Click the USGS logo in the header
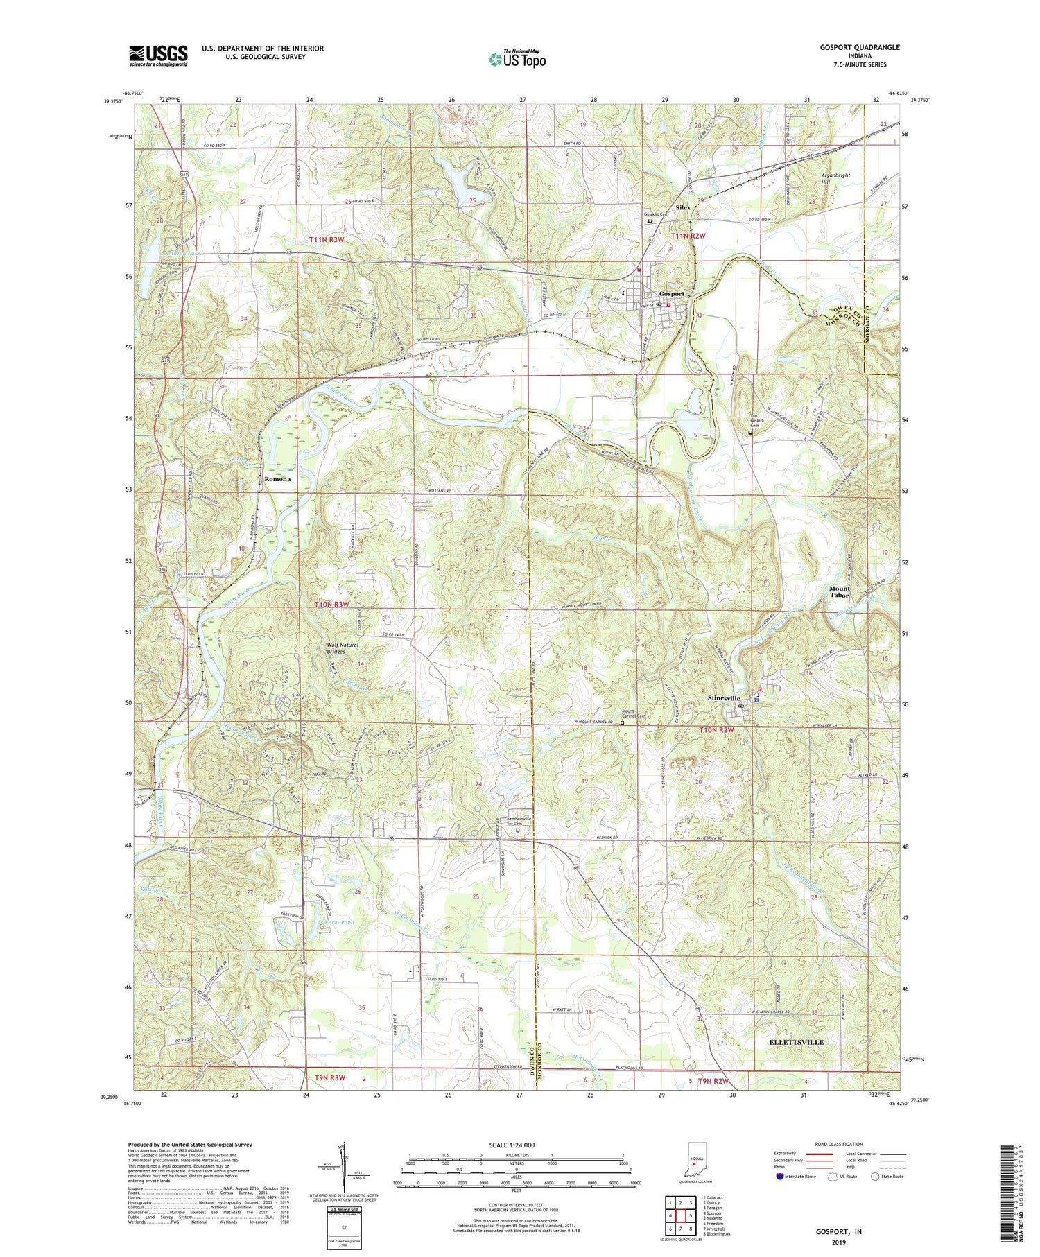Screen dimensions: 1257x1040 (x=158, y=55)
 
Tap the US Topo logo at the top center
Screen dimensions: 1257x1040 (x=517, y=60)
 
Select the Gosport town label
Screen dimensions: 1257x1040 (x=671, y=293)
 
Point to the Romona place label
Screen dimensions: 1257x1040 (x=277, y=479)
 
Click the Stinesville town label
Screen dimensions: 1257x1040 (x=724, y=698)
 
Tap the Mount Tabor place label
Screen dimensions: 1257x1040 (x=840, y=591)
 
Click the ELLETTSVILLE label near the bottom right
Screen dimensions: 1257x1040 (x=797, y=1042)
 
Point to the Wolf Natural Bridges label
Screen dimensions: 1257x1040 (x=343, y=648)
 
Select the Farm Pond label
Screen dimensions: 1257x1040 (x=339, y=922)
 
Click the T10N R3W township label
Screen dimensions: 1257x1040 (x=331, y=605)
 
